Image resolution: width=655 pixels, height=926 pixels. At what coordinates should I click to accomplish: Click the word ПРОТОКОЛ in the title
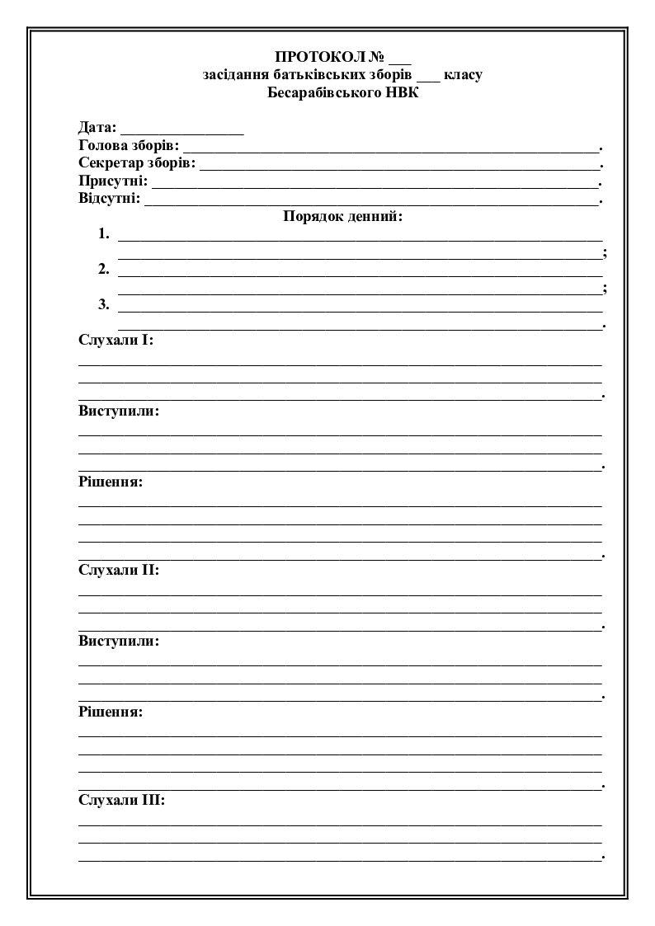(321, 57)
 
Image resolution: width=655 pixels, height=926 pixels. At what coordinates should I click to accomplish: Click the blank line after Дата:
(182, 130)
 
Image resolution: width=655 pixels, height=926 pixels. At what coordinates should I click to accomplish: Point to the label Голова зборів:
(129, 145)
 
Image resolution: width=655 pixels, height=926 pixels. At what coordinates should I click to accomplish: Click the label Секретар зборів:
(137, 162)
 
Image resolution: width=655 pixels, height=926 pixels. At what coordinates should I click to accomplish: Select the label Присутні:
(114, 181)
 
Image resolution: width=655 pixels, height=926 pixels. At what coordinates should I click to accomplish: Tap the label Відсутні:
(110, 199)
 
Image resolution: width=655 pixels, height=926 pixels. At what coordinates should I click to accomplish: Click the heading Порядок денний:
(343, 216)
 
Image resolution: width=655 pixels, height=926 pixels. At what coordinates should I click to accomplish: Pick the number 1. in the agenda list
(104, 233)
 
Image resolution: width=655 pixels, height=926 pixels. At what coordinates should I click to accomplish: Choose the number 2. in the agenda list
(104, 269)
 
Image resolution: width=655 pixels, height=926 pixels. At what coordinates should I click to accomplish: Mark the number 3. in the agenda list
(104, 304)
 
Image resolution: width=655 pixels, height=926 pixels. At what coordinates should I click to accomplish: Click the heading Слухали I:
(116, 340)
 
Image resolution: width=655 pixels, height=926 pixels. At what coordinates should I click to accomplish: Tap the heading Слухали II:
(119, 570)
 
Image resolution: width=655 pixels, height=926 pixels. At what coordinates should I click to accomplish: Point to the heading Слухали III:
(122, 800)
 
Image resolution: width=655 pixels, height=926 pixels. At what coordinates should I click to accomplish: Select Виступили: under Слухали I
(119, 411)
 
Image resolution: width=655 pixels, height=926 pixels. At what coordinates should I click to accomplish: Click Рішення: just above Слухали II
(111, 482)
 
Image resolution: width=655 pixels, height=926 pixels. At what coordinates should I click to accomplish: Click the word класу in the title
(463, 74)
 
